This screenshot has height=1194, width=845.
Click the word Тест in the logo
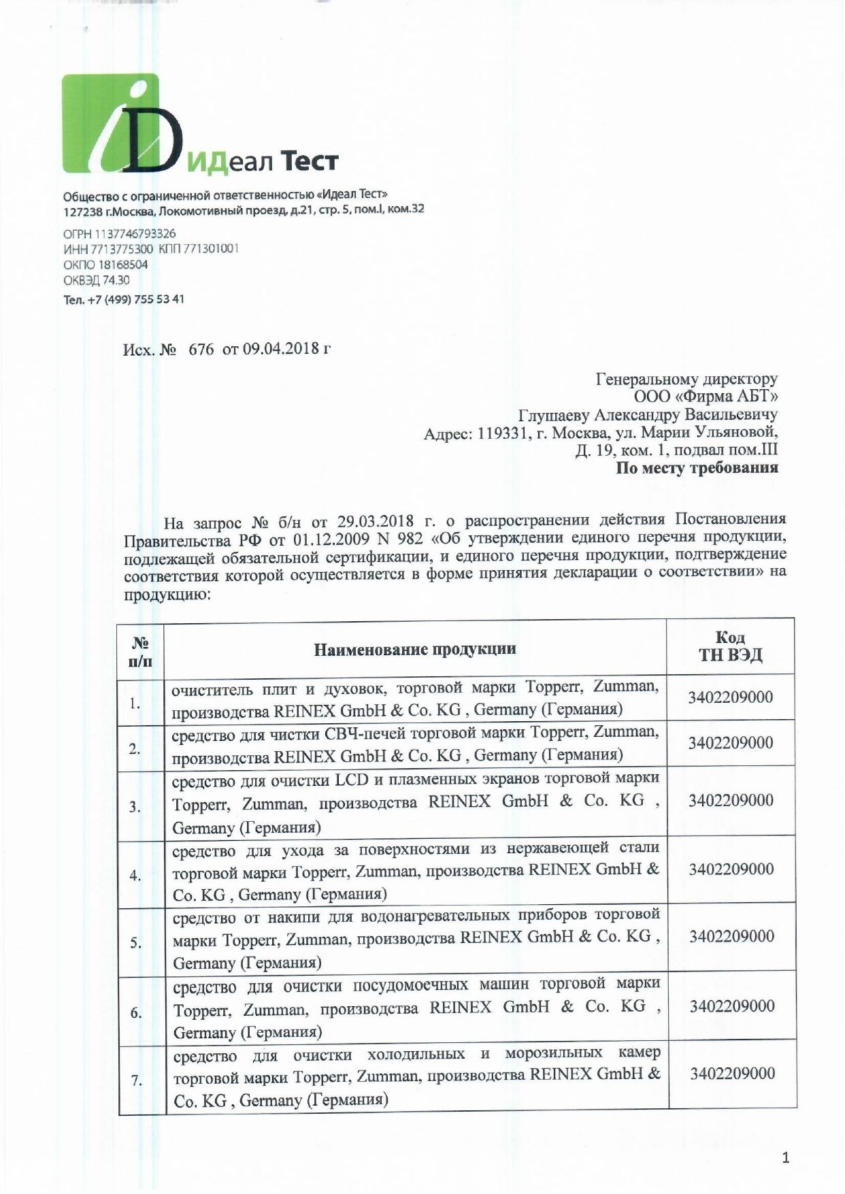(310, 161)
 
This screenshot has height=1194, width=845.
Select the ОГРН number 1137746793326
(129, 233)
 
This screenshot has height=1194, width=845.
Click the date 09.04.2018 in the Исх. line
(281, 350)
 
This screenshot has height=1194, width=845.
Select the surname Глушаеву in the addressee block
(554, 414)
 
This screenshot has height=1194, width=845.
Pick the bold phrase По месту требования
(697, 468)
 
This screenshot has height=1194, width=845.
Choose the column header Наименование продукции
(414, 648)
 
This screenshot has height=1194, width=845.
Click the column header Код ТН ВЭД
(731, 646)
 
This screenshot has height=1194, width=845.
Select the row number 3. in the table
(135, 808)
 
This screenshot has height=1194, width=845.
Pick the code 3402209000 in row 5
(731, 936)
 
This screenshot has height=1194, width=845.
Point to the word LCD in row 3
(347, 777)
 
